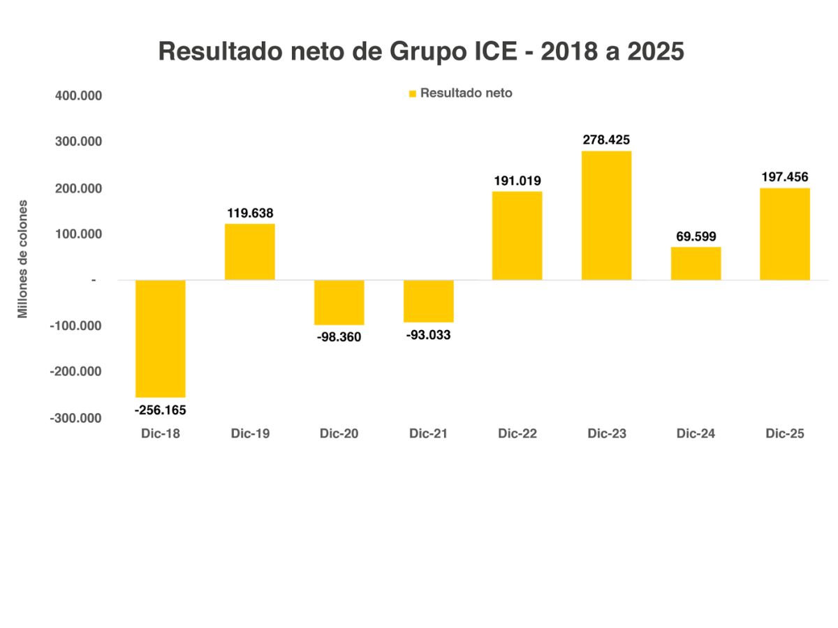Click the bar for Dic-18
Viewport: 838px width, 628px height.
click(x=161, y=338)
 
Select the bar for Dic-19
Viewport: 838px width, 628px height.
click(x=250, y=252)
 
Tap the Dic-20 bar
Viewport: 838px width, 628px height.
click(x=339, y=302)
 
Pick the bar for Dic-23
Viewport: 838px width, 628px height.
click(x=606, y=216)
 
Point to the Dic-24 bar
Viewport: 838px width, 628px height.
click(x=696, y=263)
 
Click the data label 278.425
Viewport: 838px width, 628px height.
click(x=606, y=140)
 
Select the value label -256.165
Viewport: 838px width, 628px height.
click(x=161, y=410)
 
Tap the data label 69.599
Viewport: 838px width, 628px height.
click(x=696, y=237)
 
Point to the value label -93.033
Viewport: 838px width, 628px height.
click(x=428, y=335)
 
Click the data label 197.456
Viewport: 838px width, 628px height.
click(x=785, y=177)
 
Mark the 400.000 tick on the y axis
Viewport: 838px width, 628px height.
click(x=79, y=96)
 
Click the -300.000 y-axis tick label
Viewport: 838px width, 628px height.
click(x=76, y=418)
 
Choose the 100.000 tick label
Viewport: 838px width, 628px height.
click(x=79, y=234)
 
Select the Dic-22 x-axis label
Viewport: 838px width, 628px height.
click(x=517, y=433)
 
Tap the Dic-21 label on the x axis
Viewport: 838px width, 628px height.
click(x=428, y=433)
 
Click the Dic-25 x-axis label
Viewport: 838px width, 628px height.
click(x=785, y=433)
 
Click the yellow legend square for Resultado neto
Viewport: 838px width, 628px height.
click(x=413, y=94)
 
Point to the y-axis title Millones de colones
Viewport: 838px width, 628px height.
click(x=23, y=259)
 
